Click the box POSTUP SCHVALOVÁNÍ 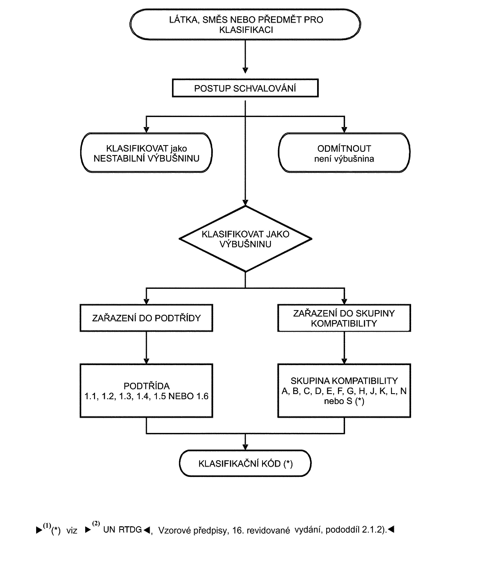pyautogui.click(x=245, y=88)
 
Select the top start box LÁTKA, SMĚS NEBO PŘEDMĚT pyautogui.click(x=245, y=24)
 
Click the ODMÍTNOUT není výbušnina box pyautogui.click(x=344, y=153)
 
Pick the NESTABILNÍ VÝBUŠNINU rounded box pyautogui.click(x=146, y=153)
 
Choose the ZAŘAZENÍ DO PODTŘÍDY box pyautogui.click(x=146, y=318)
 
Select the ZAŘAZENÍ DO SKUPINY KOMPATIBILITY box pyautogui.click(x=344, y=318)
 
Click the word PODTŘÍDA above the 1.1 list pyautogui.click(x=147, y=386)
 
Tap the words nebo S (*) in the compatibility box pyautogui.click(x=344, y=401)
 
